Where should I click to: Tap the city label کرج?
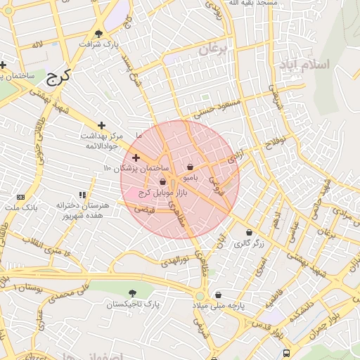(x=59, y=76)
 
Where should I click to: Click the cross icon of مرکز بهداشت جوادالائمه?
(x=101, y=124)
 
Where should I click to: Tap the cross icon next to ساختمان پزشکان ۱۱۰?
(x=136, y=157)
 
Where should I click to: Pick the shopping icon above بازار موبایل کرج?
(x=163, y=181)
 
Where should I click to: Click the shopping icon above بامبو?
(x=191, y=167)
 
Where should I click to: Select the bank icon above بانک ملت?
(x=20, y=197)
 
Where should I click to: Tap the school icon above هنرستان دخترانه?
(x=83, y=194)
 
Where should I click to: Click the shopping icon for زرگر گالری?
(x=249, y=233)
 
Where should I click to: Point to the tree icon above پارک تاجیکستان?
(x=133, y=293)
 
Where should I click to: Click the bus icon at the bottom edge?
(x=286, y=353)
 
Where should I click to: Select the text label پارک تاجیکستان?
(x=133, y=305)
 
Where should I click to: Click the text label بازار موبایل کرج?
(x=155, y=192)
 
